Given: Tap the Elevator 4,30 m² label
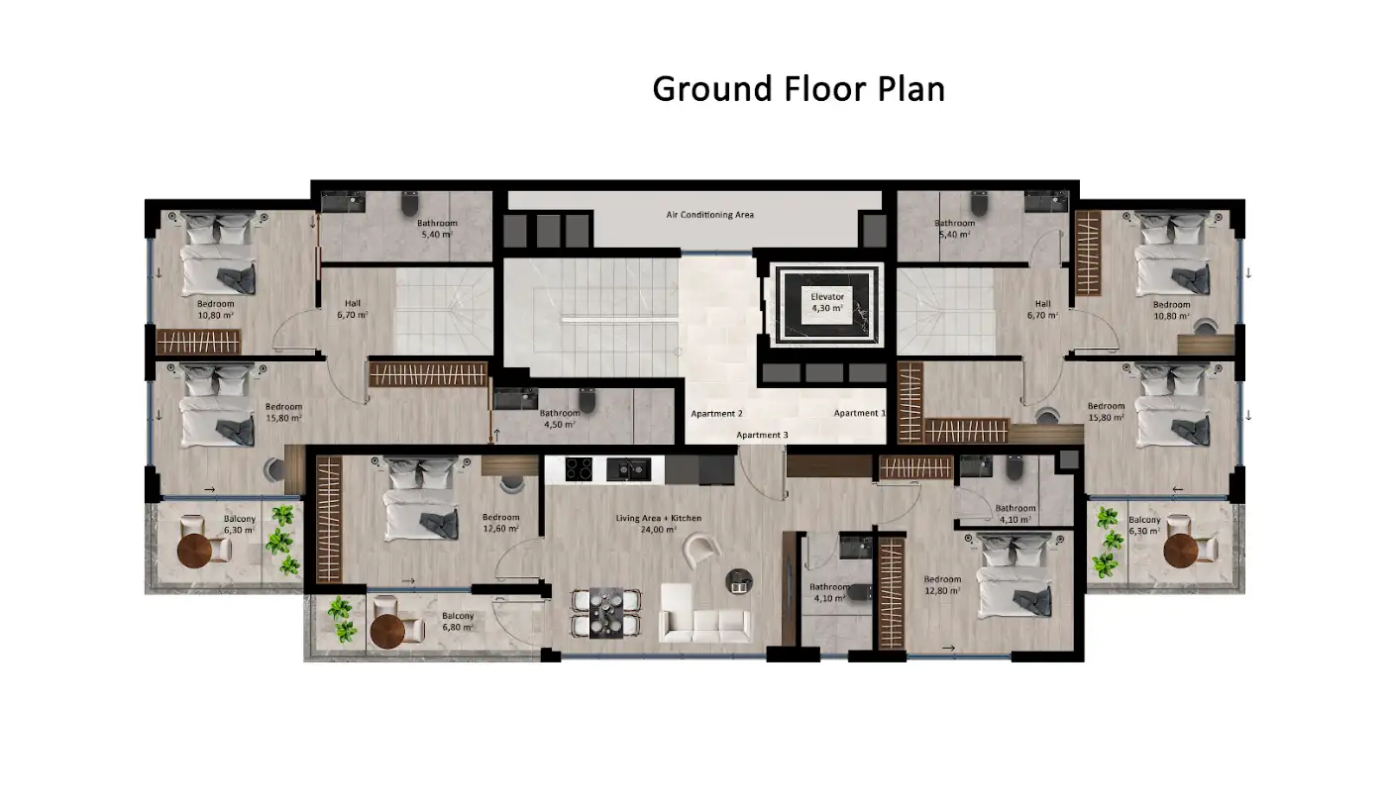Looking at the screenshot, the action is tap(827, 302).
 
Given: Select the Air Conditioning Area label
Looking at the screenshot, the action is tap(710, 215).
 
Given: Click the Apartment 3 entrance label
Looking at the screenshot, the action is tap(762, 435).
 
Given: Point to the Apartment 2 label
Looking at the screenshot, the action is tap(717, 413).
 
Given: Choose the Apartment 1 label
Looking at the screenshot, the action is tap(859, 413).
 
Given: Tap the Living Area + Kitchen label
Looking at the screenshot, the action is tap(659, 524).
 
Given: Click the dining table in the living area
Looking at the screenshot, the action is tap(605, 613).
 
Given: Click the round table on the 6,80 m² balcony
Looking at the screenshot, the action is tap(387, 632).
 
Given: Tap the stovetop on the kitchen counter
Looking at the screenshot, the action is tap(579, 469).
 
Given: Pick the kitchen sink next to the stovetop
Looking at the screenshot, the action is tap(628, 469).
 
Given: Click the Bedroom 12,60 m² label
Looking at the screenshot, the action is tap(501, 523).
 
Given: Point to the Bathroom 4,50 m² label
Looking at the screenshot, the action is tap(560, 419).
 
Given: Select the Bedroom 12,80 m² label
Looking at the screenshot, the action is tap(942, 585).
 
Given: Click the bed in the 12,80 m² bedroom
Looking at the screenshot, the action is tap(1015, 576).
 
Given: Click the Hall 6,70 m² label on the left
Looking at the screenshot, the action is tap(353, 309).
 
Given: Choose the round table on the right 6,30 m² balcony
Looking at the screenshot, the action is tap(1181, 551).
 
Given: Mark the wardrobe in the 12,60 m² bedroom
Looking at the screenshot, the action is tap(329, 519).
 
